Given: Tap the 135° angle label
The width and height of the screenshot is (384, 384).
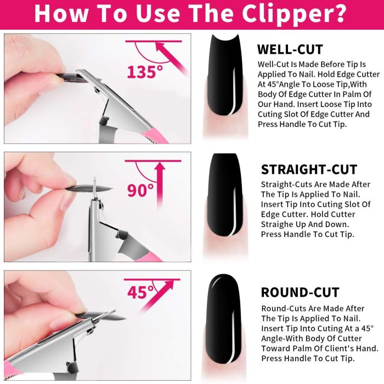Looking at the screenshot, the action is click(x=145, y=72).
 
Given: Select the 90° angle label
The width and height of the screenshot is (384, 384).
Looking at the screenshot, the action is click(x=140, y=190).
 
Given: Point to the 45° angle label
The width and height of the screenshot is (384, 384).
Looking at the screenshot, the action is click(x=140, y=292).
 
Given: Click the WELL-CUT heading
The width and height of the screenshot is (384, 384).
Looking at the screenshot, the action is click(x=290, y=49).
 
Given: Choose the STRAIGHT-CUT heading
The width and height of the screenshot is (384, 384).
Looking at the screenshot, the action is click(x=309, y=170).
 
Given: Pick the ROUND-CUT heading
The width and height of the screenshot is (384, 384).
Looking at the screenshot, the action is click(x=300, y=292).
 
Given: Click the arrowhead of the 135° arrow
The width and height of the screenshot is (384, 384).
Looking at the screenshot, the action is click(x=161, y=47).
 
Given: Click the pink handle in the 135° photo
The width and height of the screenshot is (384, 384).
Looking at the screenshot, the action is click(x=156, y=135).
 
